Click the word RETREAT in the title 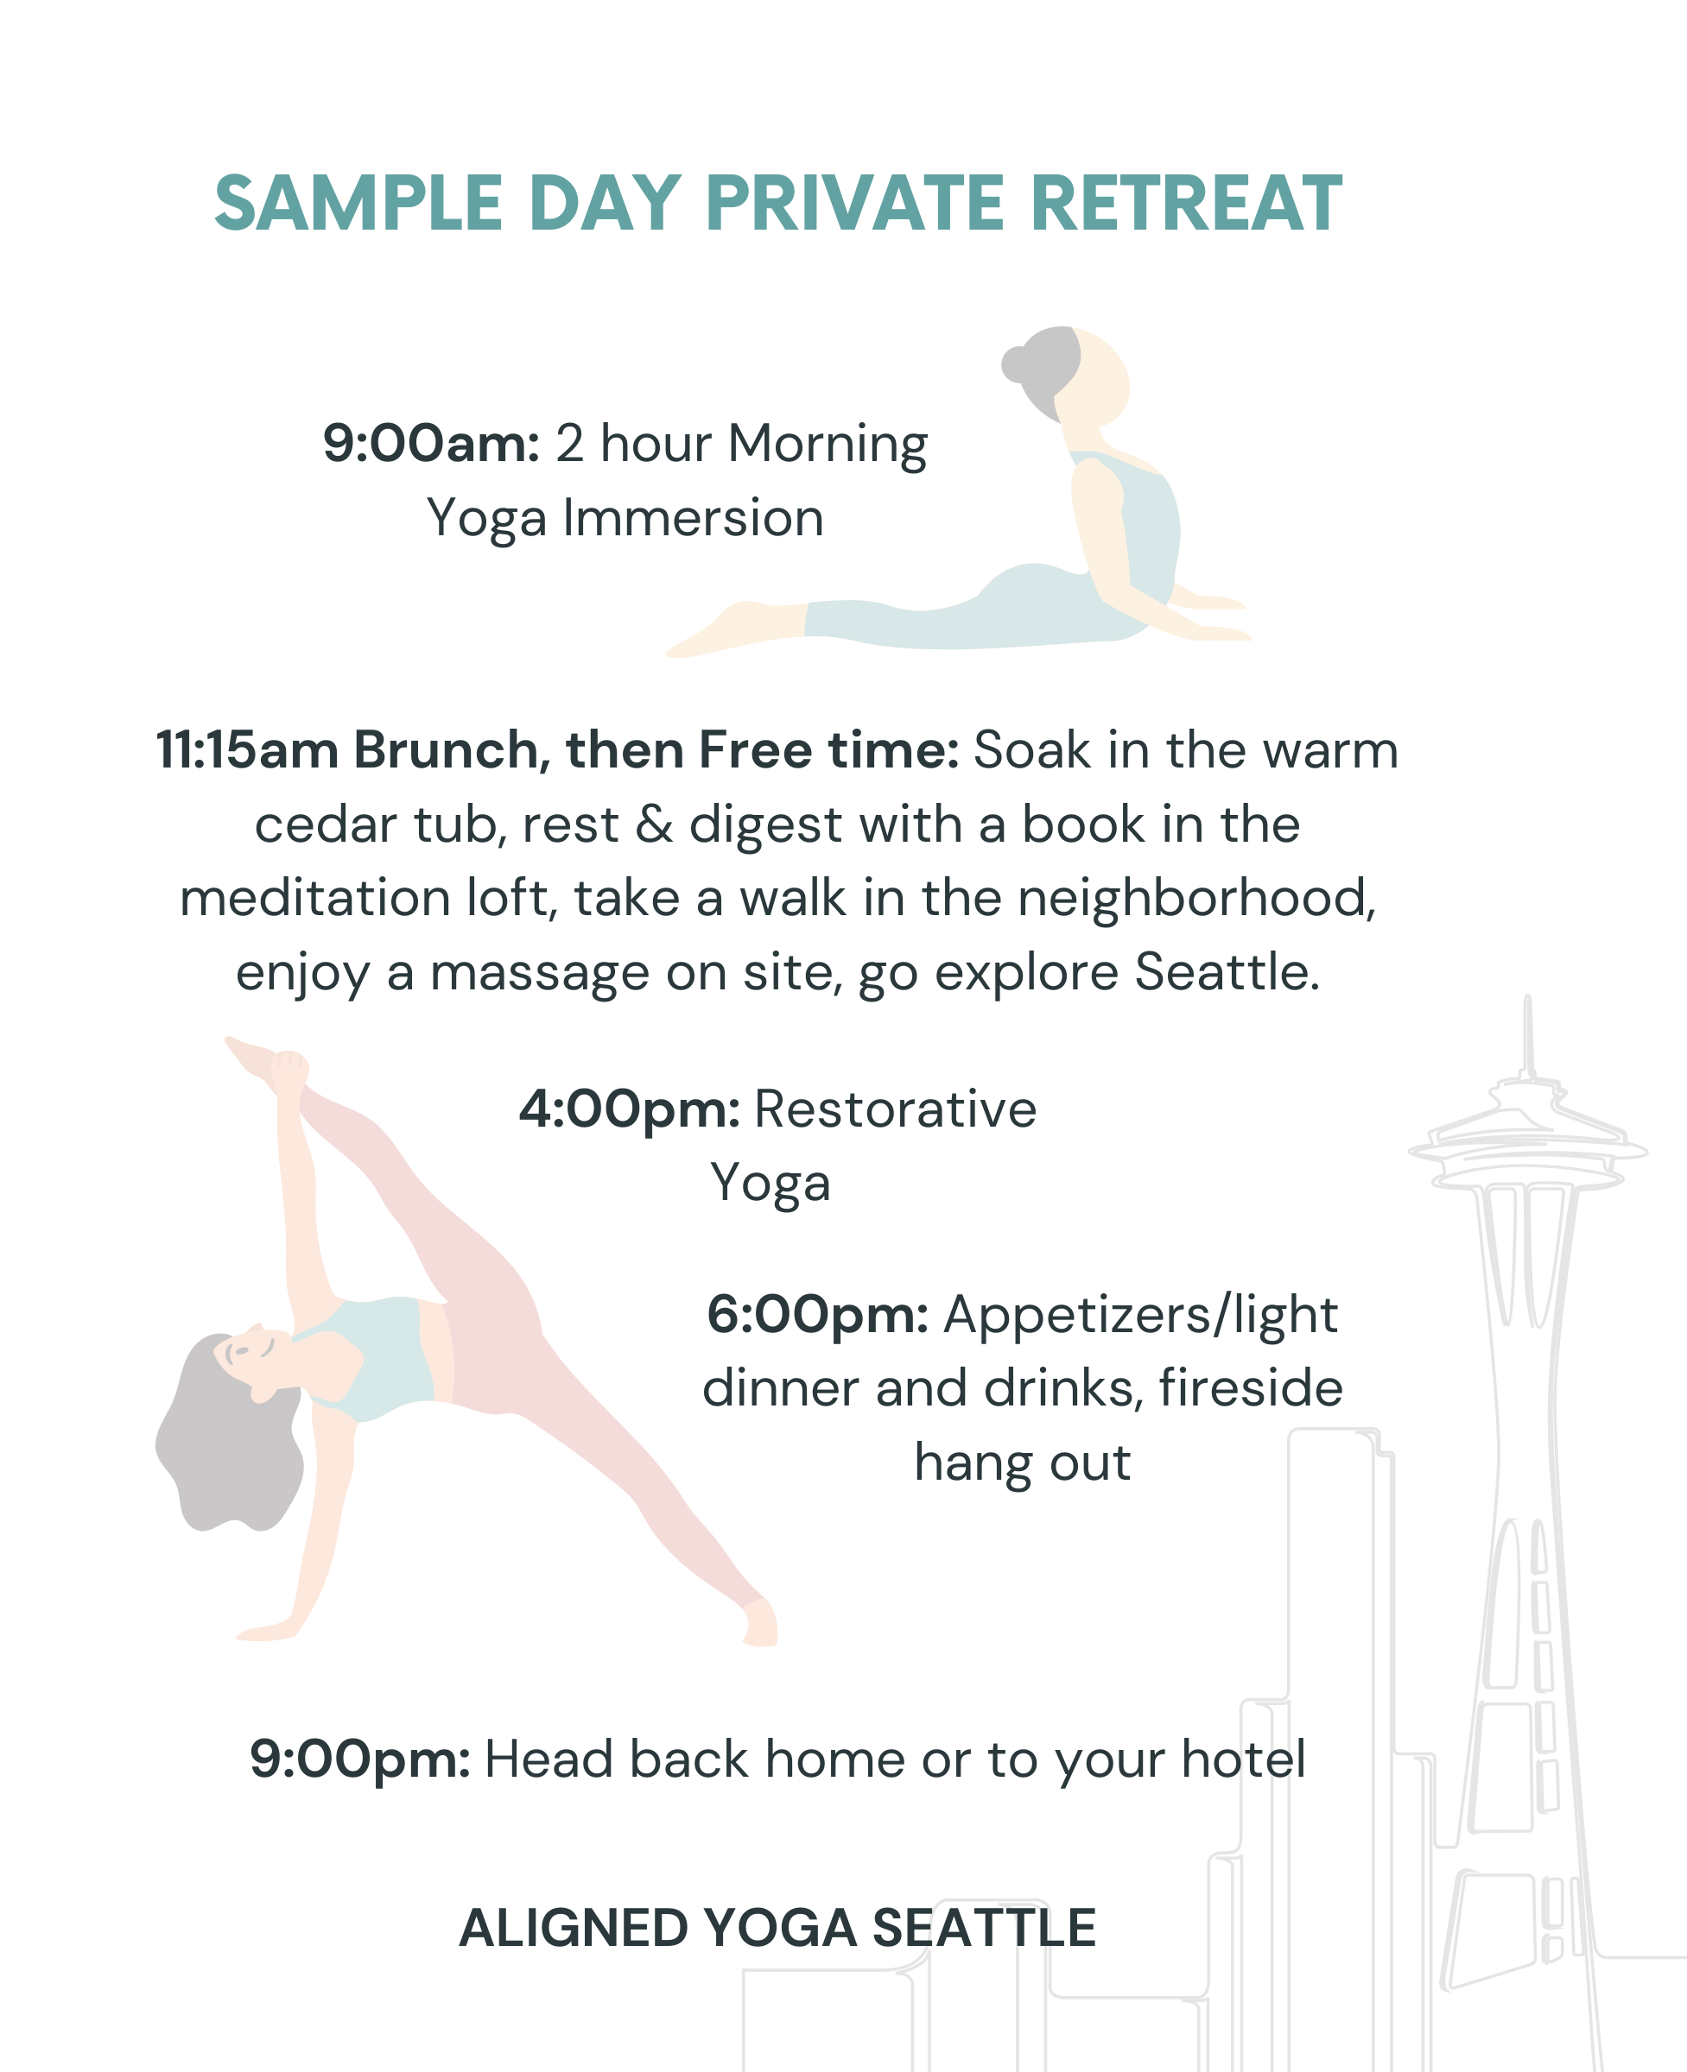pos(1185,204)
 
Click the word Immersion pos(693,518)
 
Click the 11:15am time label pos(248,751)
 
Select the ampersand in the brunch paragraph pos(654,824)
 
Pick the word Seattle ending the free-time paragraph pos(1227,972)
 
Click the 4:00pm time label pos(630,1110)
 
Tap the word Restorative pos(896,1109)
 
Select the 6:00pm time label pos(817,1315)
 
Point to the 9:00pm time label pos(360,1759)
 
